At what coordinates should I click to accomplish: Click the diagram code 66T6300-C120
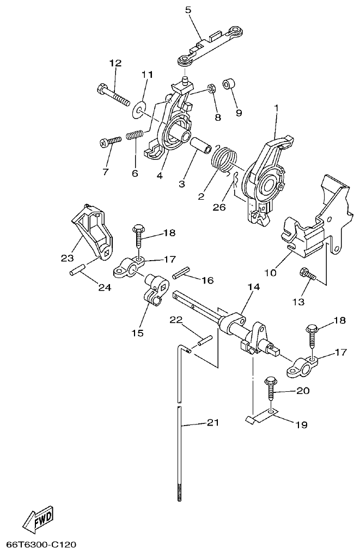(x=41, y=544)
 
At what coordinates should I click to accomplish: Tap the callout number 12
(x=115, y=63)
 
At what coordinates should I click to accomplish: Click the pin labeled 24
(x=78, y=269)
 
